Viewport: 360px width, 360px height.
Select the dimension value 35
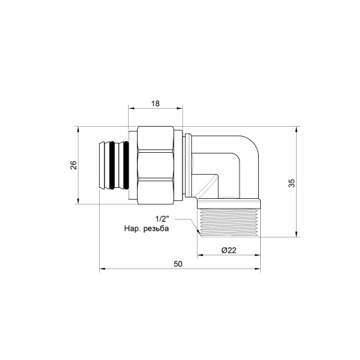tap(292, 183)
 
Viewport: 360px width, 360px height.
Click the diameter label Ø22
tap(229, 250)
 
